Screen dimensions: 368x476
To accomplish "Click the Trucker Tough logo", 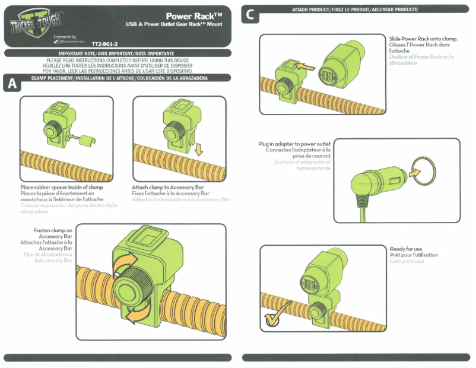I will [x=35, y=24].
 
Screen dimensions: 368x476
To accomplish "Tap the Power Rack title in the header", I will [x=193, y=16].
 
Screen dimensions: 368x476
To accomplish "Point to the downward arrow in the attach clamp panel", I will [x=198, y=146].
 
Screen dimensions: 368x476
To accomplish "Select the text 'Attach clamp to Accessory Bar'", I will [x=170, y=188].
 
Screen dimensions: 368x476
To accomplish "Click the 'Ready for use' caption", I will [x=406, y=249].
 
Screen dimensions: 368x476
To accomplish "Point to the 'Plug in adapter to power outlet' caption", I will [x=294, y=144].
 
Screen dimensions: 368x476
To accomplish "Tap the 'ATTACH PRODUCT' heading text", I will [x=355, y=9].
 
